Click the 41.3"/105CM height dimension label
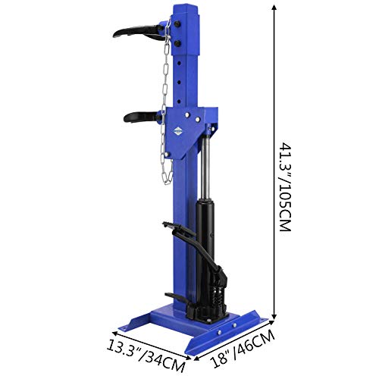(285, 187)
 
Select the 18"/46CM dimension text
(243, 349)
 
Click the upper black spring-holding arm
(139, 33)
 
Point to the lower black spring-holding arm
(142, 117)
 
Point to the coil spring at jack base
(218, 298)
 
